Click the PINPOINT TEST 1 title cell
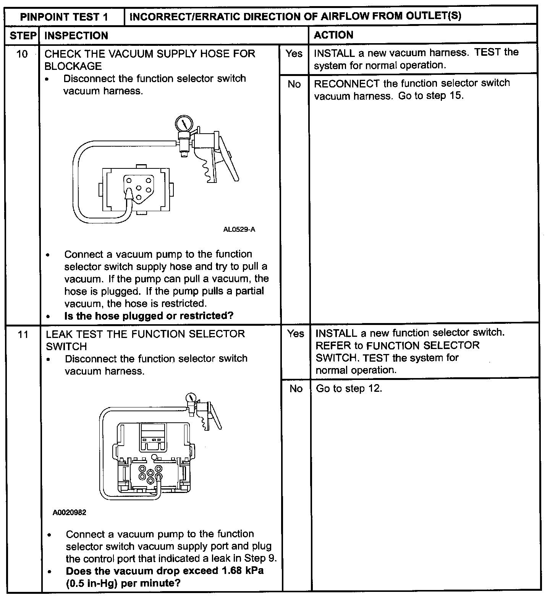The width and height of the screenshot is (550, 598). click(64, 17)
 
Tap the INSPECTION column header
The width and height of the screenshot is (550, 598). click(76, 36)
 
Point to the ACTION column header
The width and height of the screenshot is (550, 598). click(333, 35)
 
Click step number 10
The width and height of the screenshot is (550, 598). click(22, 54)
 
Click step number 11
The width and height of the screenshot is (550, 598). click(23, 335)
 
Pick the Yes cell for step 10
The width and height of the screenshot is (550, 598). click(294, 54)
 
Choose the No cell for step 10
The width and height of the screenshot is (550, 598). click(294, 84)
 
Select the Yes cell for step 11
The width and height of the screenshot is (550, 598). click(296, 334)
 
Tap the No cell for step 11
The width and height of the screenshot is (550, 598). click(296, 389)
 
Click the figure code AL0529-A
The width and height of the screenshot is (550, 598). click(239, 230)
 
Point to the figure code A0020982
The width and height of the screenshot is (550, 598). click(70, 513)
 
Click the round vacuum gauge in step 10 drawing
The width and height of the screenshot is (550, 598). click(184, 124)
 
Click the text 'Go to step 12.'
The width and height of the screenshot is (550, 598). click(349, 389)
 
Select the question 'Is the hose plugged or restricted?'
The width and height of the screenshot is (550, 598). click(149, 316)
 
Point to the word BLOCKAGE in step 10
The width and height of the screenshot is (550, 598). click(73, 66)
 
